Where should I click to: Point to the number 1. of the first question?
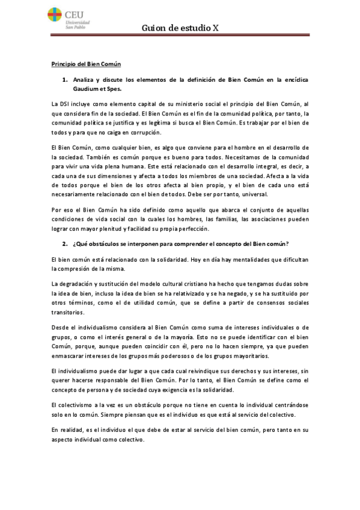(65, 79)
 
